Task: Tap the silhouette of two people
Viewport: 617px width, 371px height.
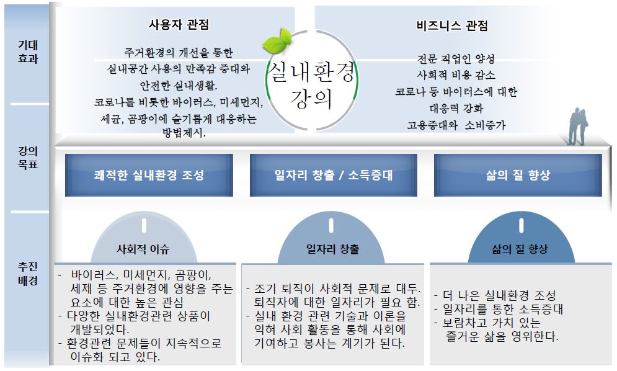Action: click(577, 127)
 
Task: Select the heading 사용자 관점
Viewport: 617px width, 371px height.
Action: click(179, 25)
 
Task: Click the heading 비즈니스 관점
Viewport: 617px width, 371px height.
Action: click(452, 26)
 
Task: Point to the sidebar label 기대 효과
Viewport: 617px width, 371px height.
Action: click(28, 51)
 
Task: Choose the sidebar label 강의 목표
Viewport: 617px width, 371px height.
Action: click(28, 158)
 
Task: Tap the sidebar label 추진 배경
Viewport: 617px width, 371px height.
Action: click(28, 274)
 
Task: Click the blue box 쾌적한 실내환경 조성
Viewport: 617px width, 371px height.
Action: click(149, 175)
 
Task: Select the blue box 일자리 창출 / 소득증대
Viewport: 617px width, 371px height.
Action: click(334, 175)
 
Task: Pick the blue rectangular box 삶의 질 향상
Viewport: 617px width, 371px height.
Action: click(518, 175)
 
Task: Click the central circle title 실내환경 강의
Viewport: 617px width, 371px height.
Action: click(312, 84)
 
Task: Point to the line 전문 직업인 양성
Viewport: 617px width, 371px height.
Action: click(456, 59)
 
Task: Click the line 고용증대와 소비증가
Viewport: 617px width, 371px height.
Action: click(456, 125)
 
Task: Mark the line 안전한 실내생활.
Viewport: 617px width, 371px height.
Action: click(179, 86)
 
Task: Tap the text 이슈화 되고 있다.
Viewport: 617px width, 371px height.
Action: click(115, 357)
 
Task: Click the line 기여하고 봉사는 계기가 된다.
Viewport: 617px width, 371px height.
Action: click(329, 343)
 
